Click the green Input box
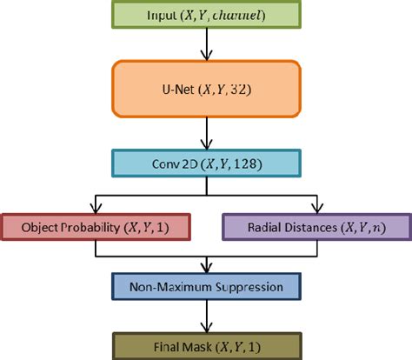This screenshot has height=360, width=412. [205, 14]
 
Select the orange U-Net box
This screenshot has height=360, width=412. [205, 89]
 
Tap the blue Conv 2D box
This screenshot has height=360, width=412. [205, 163]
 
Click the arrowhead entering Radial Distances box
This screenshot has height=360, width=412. [317, 208]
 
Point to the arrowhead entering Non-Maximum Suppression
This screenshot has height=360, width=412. [206, 269]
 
